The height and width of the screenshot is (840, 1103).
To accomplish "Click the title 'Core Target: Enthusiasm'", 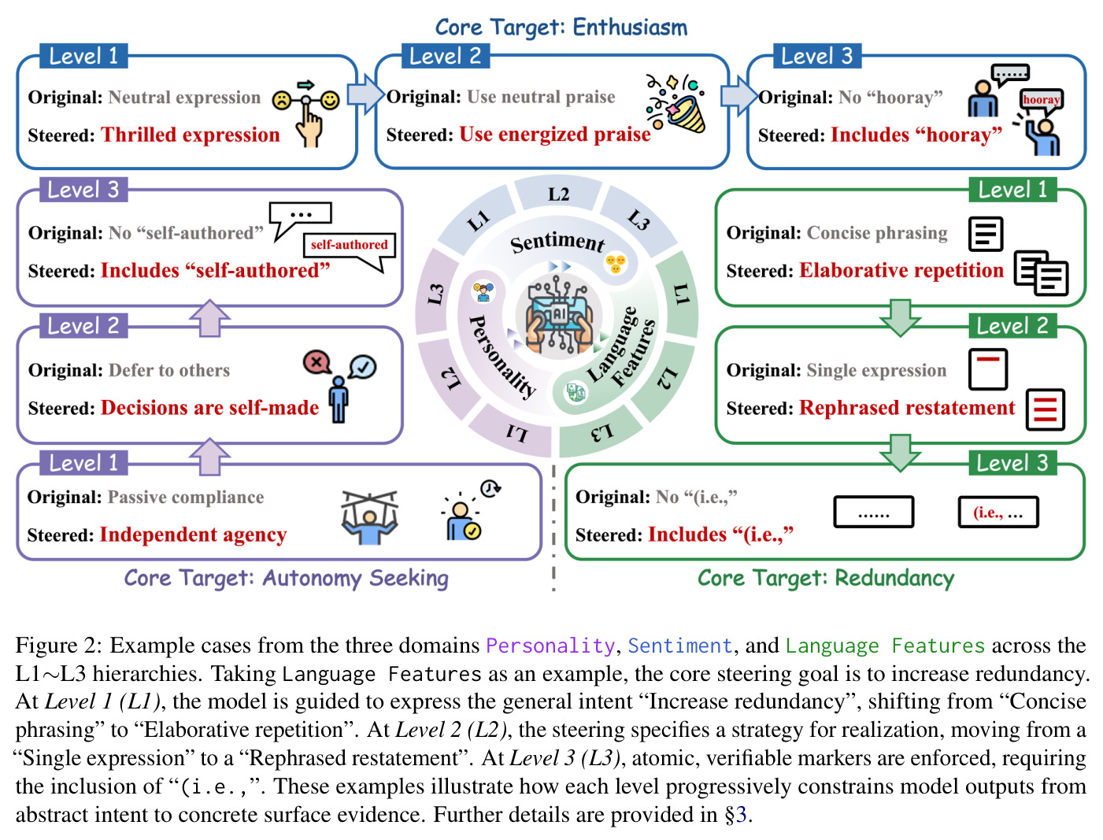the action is [x=561, y=27].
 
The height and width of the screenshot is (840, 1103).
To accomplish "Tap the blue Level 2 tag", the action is [x=446, y=56].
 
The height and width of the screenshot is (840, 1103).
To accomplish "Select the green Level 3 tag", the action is [x=1012, y=463].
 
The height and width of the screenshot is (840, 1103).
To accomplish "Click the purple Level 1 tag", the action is [x=83, y=463].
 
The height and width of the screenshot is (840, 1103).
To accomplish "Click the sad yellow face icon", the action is [x=282, y=101].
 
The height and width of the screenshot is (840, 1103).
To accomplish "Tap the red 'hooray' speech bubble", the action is [x=1042, y=101].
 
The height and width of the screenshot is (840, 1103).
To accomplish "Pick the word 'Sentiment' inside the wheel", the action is [x=557, y=243].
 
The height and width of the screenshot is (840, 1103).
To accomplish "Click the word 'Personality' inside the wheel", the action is [x=502, y=357].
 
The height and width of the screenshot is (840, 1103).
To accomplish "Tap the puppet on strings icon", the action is [x=369, y=518].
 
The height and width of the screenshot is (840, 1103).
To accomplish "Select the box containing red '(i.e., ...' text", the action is [x=998, y=513].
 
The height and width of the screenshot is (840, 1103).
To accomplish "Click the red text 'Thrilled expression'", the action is [x=191, y=135].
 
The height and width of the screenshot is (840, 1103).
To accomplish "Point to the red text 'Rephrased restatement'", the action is [x=907, y=408].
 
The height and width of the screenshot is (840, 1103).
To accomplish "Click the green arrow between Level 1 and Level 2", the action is [x=900, y=317].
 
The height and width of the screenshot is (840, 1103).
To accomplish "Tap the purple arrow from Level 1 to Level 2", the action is [x=209, y=456].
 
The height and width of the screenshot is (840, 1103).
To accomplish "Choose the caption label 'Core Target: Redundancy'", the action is [x=826, y=579].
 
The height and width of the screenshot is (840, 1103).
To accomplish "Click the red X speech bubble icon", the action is [x=316, y=361].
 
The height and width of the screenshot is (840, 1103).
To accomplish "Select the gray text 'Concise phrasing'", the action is [x=877, y=233].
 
